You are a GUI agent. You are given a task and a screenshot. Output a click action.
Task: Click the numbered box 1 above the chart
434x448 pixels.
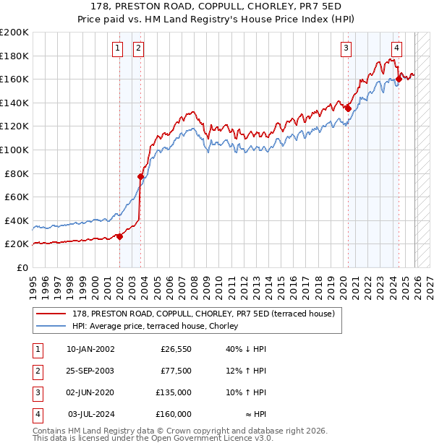point(117,48)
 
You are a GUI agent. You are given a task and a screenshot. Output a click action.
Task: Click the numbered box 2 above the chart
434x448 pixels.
point(137,48)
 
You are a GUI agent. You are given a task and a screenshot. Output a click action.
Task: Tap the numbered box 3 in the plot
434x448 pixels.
point(346,48)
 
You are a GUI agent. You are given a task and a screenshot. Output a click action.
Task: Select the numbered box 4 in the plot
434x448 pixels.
point(396,48)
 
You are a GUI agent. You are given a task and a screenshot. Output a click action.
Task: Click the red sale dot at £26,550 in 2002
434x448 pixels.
point(120,236)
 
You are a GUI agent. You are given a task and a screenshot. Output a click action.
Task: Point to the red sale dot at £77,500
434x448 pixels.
point(141,176)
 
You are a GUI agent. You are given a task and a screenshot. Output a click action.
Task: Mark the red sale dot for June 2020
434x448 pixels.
point(348,108)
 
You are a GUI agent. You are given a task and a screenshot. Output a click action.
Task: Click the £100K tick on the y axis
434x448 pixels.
point(14,150)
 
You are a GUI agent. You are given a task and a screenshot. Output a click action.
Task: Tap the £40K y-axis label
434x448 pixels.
point(17,220)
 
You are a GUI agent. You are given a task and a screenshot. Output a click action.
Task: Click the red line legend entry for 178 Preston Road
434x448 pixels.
point(203,314)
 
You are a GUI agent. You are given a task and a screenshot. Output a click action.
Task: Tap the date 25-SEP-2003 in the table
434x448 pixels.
point(90,371)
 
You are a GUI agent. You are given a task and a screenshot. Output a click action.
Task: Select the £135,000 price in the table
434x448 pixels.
point(174,392)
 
